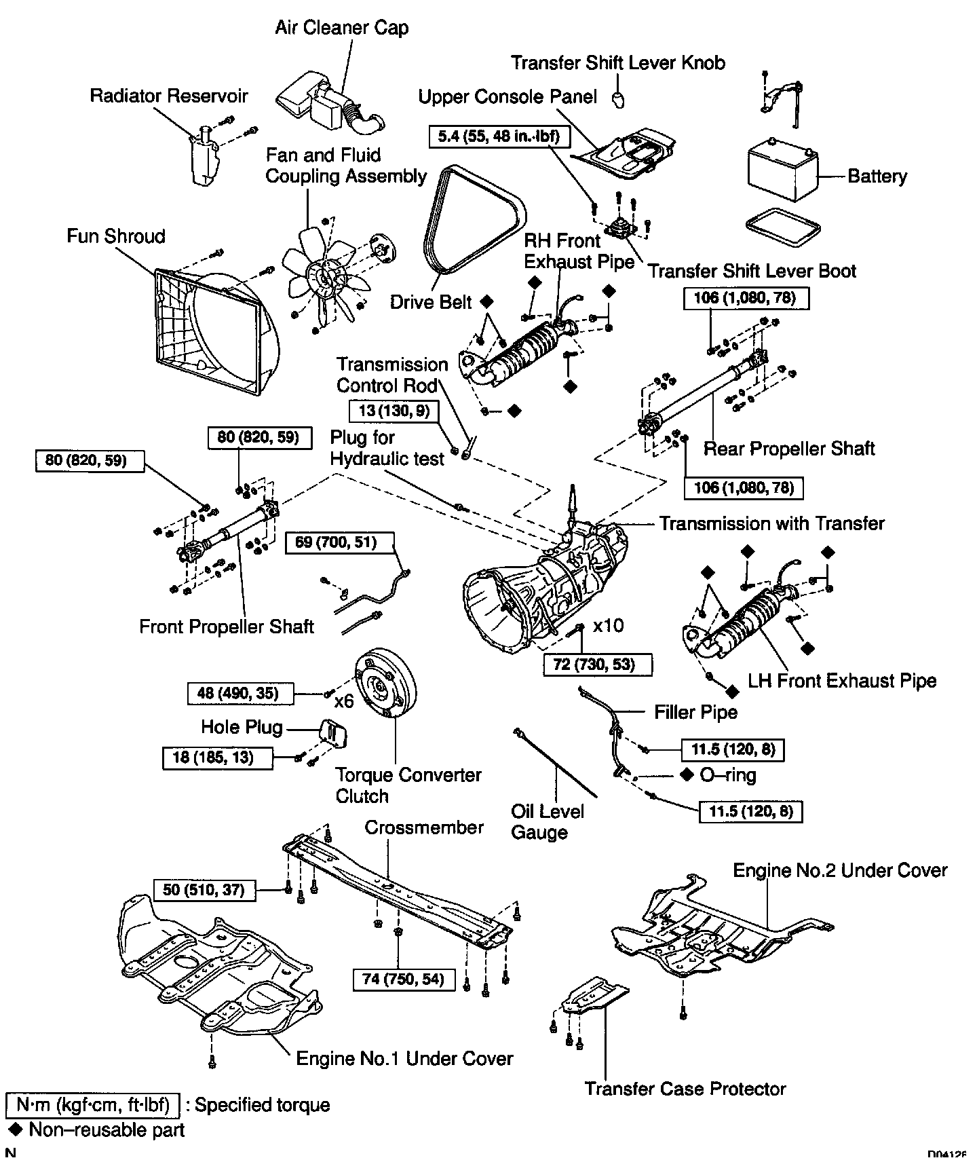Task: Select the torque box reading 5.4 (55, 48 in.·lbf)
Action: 499,137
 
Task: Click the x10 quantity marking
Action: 607,624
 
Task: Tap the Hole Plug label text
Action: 242,728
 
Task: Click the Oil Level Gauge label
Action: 547,821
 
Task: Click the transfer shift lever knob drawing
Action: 618,99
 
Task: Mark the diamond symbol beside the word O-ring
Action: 687,774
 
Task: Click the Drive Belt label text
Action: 430,301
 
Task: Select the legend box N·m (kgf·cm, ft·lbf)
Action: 92,1106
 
